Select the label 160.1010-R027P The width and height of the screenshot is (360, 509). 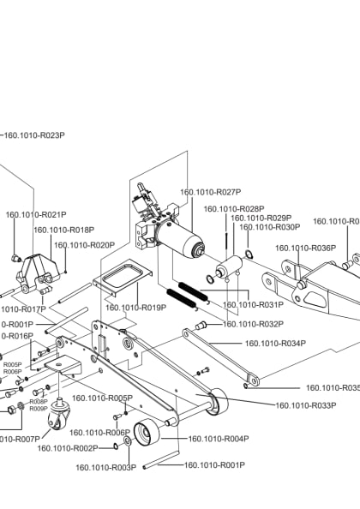pos(210,192)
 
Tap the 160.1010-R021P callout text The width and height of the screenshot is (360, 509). pos(36,214)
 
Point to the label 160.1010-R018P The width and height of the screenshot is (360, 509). pos(63,230)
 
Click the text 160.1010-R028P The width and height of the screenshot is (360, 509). pos(233,209)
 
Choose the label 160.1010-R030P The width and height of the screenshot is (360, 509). pos(269,227)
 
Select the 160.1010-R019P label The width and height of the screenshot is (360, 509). pos(135,307)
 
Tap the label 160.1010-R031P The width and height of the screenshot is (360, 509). pos(253,304)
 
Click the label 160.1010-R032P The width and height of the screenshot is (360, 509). pos(253,324)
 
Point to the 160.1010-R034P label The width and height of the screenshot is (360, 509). pos(275,344)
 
